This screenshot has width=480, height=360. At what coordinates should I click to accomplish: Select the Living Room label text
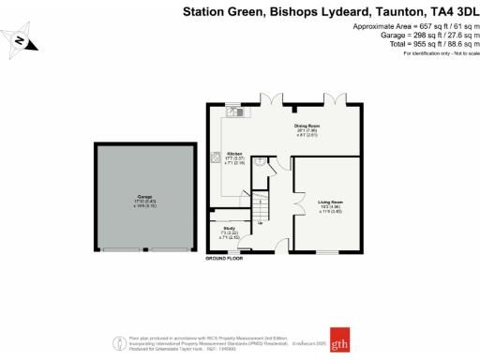click(331, 202)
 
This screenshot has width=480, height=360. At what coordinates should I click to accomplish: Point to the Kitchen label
click(234, 154)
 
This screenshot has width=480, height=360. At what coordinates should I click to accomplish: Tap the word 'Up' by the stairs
click(261, 223)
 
